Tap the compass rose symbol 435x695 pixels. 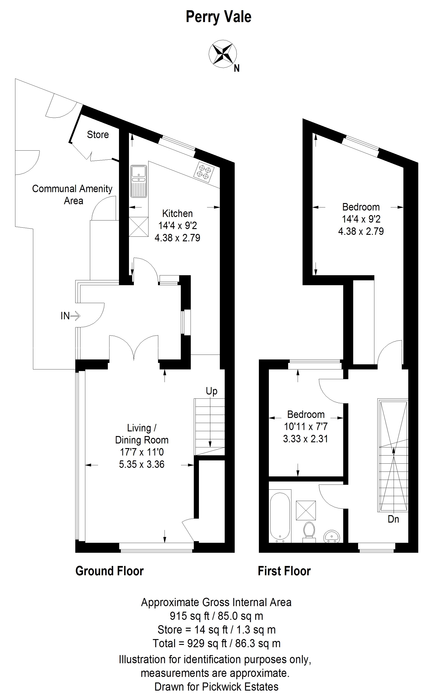click(223, 54)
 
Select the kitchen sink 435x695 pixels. click(139, 181)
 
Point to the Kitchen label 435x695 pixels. click(177, 213)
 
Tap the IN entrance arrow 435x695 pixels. click(70, 316)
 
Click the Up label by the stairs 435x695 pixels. click(211, 391)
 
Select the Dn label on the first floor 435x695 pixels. click(393, 519)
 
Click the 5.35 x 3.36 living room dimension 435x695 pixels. click(142, 464)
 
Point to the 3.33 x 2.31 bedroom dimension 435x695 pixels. click(306, 439)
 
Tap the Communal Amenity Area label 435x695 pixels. click(72, 194)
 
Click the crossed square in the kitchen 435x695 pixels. click(138, 227)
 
